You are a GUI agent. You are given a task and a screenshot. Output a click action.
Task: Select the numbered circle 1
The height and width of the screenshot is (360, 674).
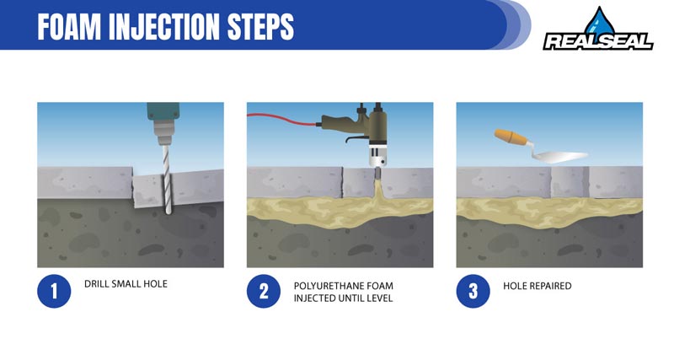pyautogui.click(x=52, y=292)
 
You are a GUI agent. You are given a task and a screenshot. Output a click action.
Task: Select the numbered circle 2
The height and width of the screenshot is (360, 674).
pyautogui.click(x=263, y=292)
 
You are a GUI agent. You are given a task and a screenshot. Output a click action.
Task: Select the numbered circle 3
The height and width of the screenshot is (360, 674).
pyautogui.click(x=472, y=292)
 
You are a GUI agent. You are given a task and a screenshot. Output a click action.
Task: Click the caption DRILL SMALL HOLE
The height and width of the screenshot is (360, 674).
pyautogui.click(x=126, y=284)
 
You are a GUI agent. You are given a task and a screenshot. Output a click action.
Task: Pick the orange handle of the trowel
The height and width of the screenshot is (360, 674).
pyautogui.click(x=508, y=137)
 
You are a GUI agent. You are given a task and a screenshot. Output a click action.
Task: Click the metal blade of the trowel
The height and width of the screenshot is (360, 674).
pyautogui.click(x=560, y=157)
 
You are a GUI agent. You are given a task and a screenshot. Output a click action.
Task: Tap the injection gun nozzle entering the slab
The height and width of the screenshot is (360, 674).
pyautogui.click(x=377, y=174)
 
